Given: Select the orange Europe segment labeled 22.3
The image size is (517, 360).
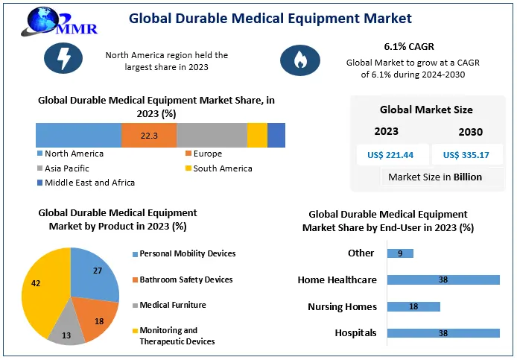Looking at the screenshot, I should pos(149,136).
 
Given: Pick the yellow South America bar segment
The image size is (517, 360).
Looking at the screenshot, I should pos(257,136).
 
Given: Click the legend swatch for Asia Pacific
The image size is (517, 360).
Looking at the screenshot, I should pos(39,168).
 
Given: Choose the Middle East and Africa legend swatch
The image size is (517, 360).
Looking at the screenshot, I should pos(39,183).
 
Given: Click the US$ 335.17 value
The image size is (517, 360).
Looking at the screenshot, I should pos(466,155).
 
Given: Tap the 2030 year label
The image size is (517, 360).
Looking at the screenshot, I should pos(470,132).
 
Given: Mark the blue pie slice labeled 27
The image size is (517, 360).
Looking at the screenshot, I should pos(95,272).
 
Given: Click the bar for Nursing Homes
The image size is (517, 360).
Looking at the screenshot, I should pos(413,306).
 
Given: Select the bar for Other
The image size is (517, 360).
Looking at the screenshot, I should pos(400,253).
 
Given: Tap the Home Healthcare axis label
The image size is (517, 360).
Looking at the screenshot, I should pos(337,280).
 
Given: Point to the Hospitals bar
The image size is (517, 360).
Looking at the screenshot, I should pos(443,333).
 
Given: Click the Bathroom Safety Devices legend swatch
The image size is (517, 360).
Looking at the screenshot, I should pos(135,280).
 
